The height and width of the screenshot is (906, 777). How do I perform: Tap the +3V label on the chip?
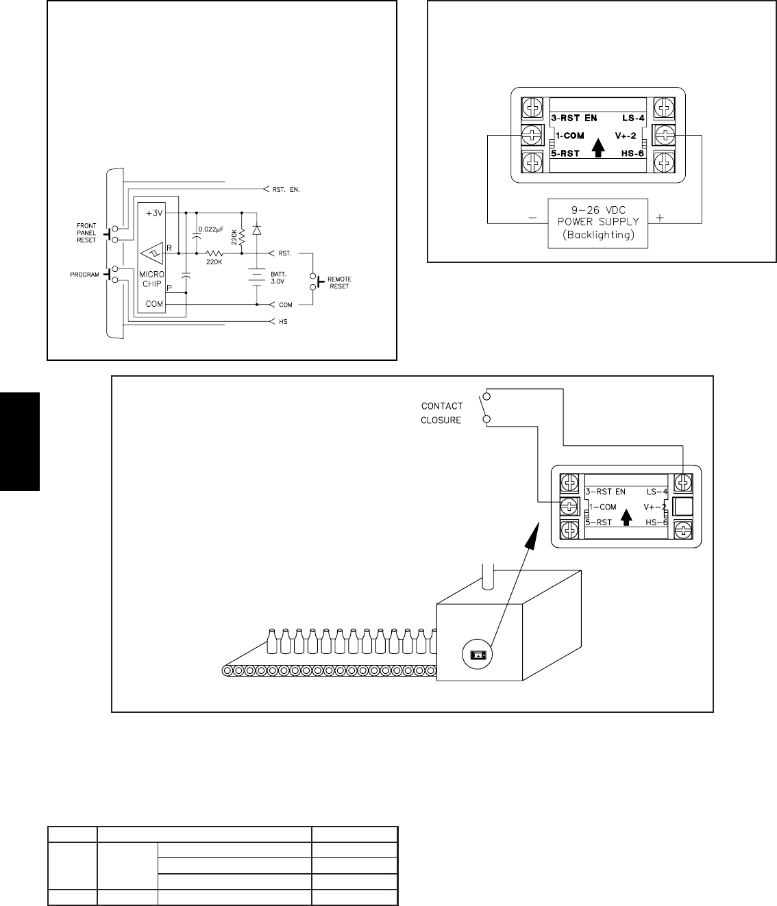[155, 213]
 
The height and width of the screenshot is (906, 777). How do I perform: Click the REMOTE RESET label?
[339, 283]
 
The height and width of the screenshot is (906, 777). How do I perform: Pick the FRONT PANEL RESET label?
[86, 233]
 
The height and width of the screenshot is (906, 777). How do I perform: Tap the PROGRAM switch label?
[85, 275]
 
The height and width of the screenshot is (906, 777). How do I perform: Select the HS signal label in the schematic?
[283, 321]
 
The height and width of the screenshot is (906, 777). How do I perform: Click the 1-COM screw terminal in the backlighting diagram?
[532, 135]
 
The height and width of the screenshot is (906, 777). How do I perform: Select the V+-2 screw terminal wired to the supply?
[663, 135]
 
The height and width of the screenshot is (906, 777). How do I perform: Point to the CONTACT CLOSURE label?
[441, 413]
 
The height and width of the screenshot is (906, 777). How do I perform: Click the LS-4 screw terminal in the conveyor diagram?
[682, 483]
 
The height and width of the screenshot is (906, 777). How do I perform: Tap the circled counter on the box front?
[478, 655]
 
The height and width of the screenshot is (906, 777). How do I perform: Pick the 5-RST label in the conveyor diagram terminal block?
[600, 523]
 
